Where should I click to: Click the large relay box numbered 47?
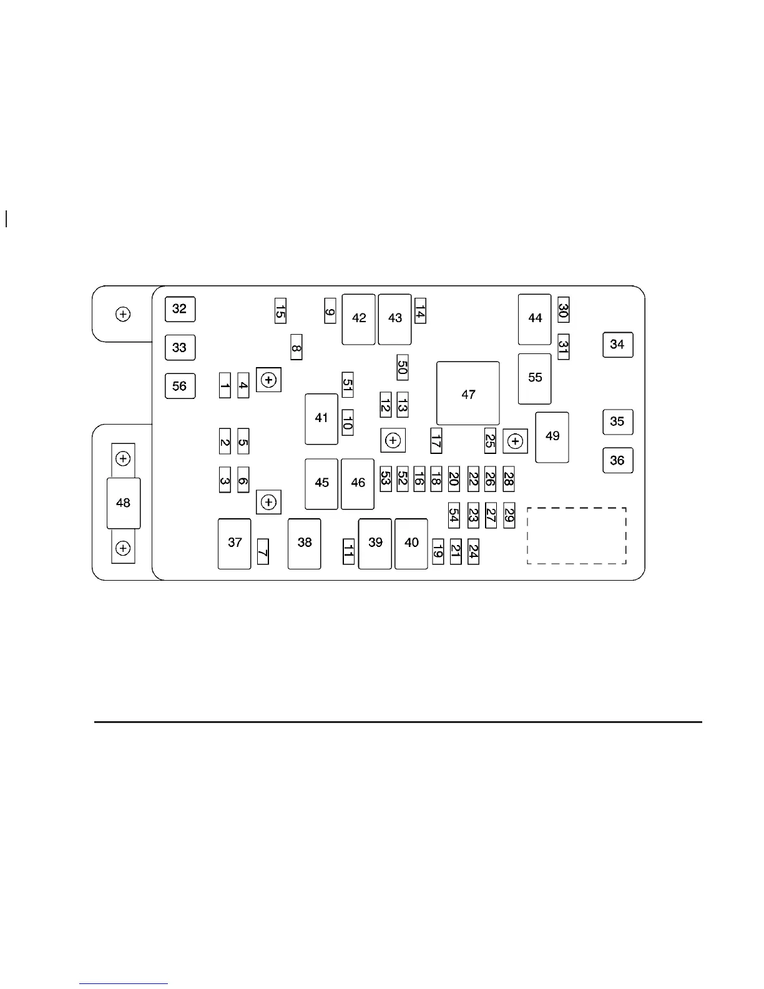(x=468, y=394)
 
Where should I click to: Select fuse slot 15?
(x=280, y=310)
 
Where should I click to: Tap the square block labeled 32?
(x=180, y=308)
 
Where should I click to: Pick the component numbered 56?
(x=180, y=386)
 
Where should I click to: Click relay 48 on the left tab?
(x=124, y=503)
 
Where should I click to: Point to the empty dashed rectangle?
(x=576, y=536)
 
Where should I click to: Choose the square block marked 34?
(x=617, y=345)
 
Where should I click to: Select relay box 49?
(x=552, y=436)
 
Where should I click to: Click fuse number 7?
(x=263, y=551)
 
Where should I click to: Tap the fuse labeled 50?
(x=403, y=367)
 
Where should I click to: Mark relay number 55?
(x=535, y=378)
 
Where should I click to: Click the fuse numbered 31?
(x=563, y=347)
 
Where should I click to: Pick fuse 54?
(x=454, y=515)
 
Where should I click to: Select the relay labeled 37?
(x=235, y=543)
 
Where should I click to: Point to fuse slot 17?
(x=436, y=441)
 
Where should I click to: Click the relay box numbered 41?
(x=321, y=418)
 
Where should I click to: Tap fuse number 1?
(x=225, y=385)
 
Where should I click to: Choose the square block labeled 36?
(x=617, y=460)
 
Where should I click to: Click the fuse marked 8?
(x=296, y=347)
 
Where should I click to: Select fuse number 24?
(x=473, y=551)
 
